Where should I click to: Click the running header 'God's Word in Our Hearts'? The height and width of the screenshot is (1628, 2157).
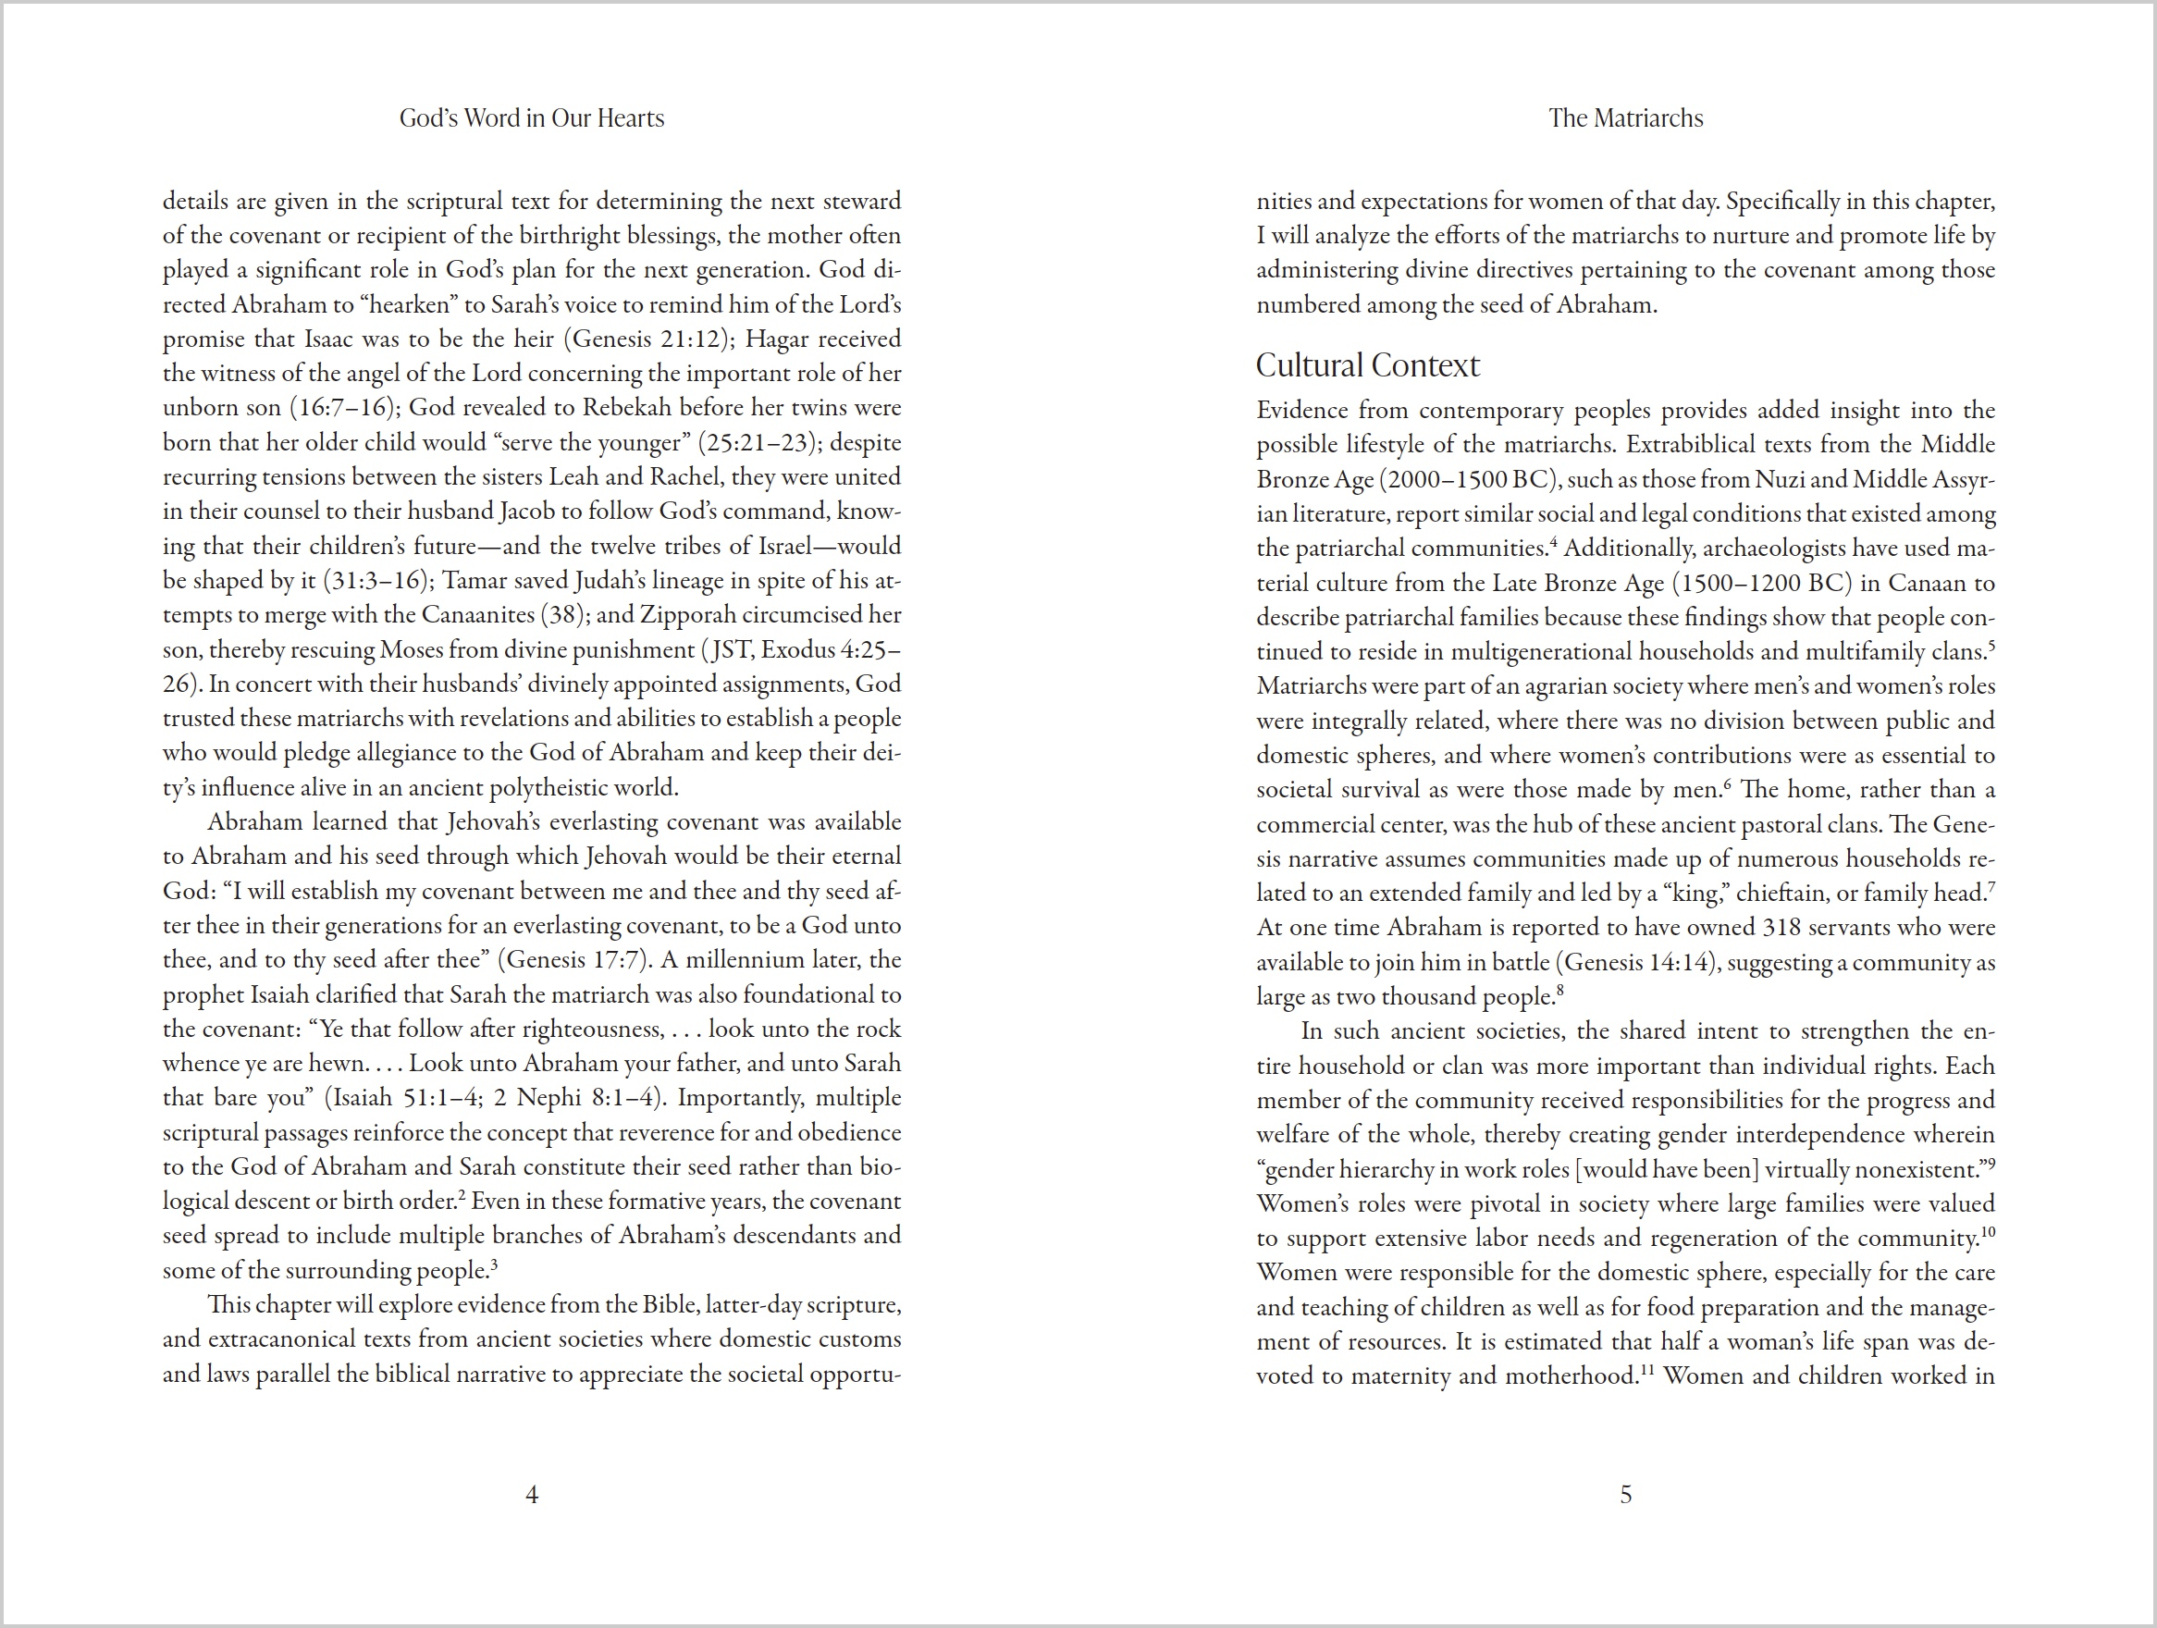click(x=532, y=118)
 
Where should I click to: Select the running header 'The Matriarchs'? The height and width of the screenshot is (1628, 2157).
click(x=1625, y=118)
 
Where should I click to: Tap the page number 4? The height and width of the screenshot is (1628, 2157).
click(x=532, y=1495)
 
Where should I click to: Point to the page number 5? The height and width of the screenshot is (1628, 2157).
click(x=1625, y=1495)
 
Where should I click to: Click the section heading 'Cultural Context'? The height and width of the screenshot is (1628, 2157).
click(x=1367, y=364)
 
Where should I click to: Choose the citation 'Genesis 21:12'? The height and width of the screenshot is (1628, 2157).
click(x=648, y=339)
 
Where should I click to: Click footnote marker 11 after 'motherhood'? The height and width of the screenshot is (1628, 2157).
click(x=1647, y=1370)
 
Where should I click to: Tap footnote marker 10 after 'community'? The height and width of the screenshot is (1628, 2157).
click(x=1988, y=1231)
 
